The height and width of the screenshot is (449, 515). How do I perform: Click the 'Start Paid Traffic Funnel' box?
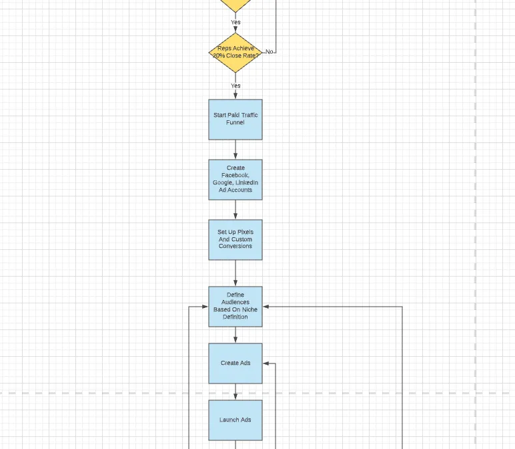coord(235,120)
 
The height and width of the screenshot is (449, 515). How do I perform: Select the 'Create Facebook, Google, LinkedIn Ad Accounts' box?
coord(235,180)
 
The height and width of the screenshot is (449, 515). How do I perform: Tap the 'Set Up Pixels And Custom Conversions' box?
coord(235,240)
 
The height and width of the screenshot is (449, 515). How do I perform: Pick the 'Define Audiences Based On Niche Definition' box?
coord(235,307)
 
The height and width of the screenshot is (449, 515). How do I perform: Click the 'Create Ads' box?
coord(235,363)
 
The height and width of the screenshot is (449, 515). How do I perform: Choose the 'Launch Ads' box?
coord(235,420)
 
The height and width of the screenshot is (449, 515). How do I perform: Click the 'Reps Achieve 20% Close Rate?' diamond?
coord(235,53)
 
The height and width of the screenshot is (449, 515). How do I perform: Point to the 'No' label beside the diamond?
coord(269,51)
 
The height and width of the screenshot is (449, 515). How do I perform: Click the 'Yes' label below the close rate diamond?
coord(235,86)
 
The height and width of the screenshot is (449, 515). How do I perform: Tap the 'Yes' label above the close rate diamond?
coord(235,22)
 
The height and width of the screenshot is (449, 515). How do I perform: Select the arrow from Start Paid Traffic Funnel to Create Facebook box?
coord(235,150)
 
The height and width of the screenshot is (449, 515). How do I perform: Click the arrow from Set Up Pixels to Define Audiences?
coord(235,273)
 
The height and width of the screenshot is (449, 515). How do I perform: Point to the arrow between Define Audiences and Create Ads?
coord(235,335)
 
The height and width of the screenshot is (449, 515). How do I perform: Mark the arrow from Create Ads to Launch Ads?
coord(235,392)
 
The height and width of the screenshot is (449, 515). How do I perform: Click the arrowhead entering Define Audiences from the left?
coord(205,307)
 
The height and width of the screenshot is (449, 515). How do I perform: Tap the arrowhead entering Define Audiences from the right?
coord(266,307)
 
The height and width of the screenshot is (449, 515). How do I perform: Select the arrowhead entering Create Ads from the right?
coord(266,363)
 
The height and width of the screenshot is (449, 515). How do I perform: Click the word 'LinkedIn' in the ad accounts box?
coord(247,182)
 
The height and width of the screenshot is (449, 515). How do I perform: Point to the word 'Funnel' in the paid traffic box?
coord(235,122)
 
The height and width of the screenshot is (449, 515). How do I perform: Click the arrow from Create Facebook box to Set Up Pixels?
coord(235,210)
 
